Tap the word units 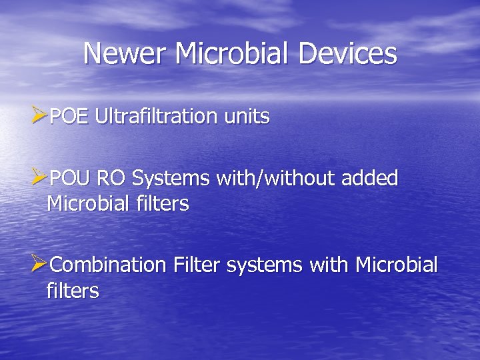click(x=247, y=117)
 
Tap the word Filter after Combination click(x=197, y=265)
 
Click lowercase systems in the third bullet click(x=265, y=265)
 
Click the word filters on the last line click(x=73, y=291)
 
